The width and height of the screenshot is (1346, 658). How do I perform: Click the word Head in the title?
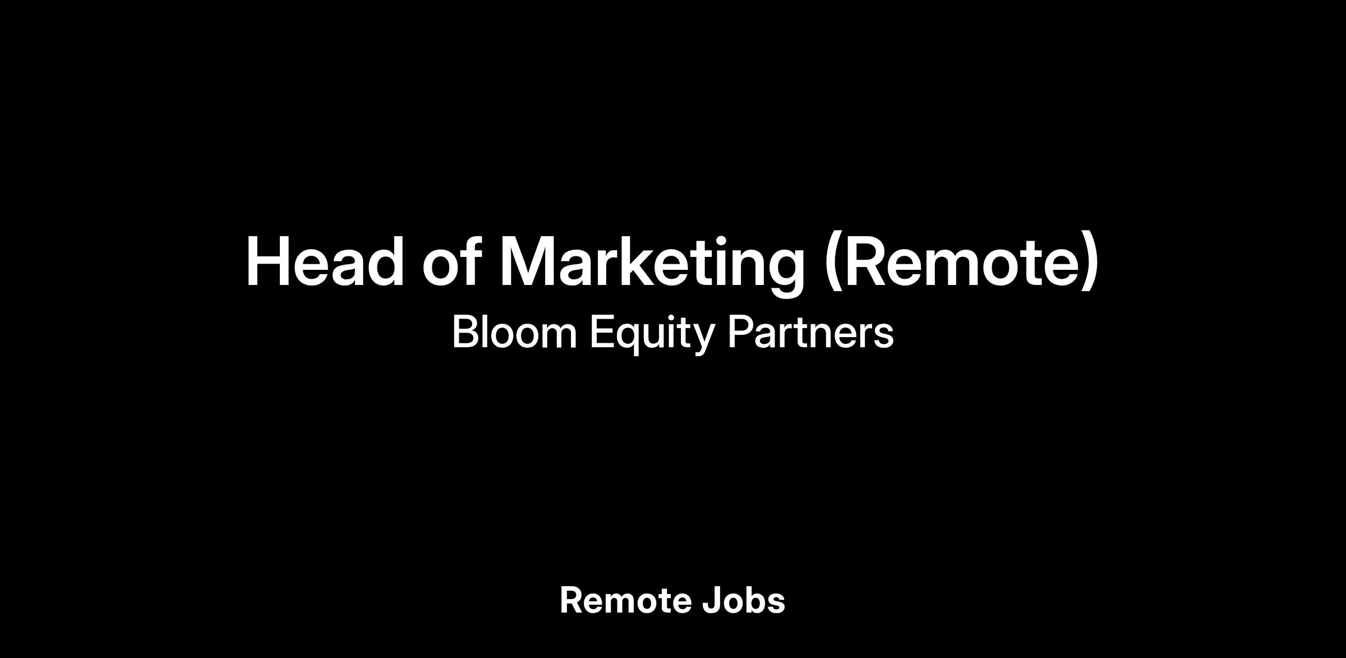(325, 261)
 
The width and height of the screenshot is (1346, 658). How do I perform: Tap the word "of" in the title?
(452, 261)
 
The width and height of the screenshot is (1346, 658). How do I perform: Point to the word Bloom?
(514, 332)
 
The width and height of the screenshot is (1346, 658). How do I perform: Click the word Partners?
(810, 332)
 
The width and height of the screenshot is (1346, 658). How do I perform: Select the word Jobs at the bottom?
(744, 601)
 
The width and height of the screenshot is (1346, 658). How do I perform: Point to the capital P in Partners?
(740, 332)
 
